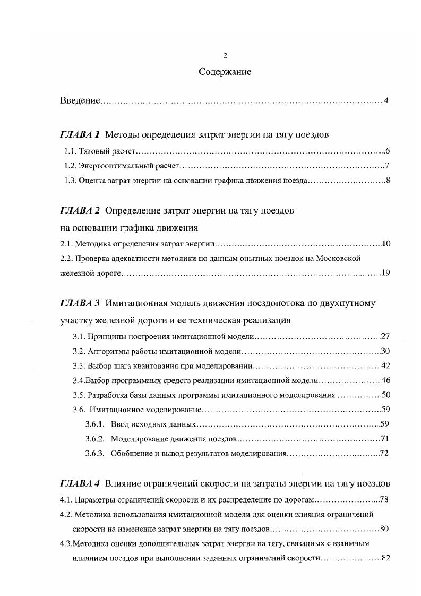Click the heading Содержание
[225, 72]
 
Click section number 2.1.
[65, 244]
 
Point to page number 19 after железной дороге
[385, 273]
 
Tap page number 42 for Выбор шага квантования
[385, 366]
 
